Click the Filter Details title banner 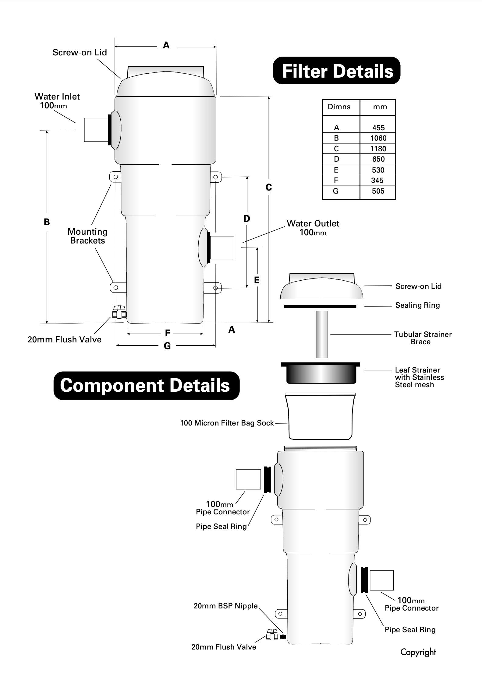(x=337, y=71)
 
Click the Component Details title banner (x=146, y=386)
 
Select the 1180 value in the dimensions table (x=378, y=149)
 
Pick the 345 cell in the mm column (x=377, y=180)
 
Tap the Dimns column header (x=339, y=107)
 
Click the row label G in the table (x=336, y=191)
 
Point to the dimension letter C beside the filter (x=268, y=187)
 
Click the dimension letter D (x=247, y=219)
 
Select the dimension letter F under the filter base (x=167, y=333)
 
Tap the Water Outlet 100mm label (x=313, y=228)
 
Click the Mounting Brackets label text (x=87, y=236)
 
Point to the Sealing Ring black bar (x=320, y=306)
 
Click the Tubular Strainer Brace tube (x=322, y=334)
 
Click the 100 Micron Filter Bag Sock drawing (x=320, y=416)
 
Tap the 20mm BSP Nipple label (x=225, y=606)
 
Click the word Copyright (x=418, y=652)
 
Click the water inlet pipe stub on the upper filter (x=96, y=130)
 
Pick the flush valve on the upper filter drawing (x=119, y=312)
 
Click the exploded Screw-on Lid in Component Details (x=321, y=287)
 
